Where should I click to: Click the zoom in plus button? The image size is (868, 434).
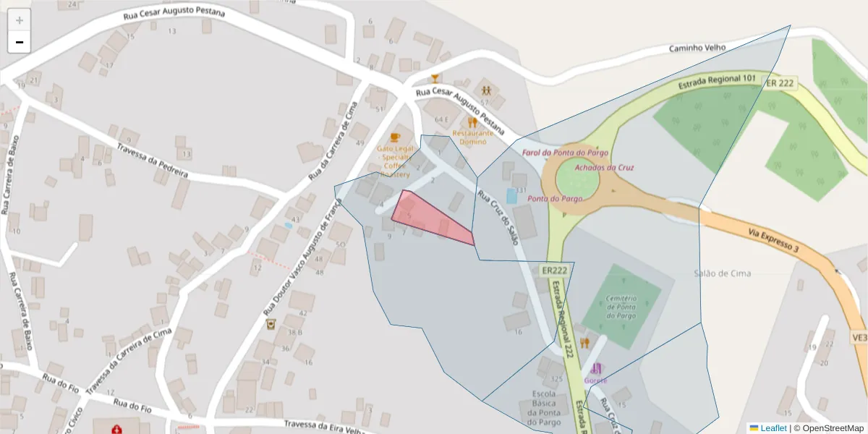(20, 20)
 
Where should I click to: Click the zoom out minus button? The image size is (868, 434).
(20, 42)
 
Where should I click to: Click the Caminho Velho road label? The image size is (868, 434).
(697, 49)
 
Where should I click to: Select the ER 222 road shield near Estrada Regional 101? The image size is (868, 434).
(780, 83)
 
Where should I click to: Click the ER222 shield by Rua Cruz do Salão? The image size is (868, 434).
(554, 270)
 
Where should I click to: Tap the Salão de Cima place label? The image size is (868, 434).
(722, 273)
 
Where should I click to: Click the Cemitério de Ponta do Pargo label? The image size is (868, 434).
(621, 307)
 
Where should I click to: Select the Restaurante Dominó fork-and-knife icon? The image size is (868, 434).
(472, 122)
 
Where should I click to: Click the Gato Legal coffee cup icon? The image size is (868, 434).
(394, 137)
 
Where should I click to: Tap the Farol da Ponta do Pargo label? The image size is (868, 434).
(565, 153)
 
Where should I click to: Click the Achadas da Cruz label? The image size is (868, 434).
(604, 167)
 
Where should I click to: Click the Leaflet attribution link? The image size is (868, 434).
(773, 428)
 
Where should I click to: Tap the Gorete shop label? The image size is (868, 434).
(596, 380)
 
